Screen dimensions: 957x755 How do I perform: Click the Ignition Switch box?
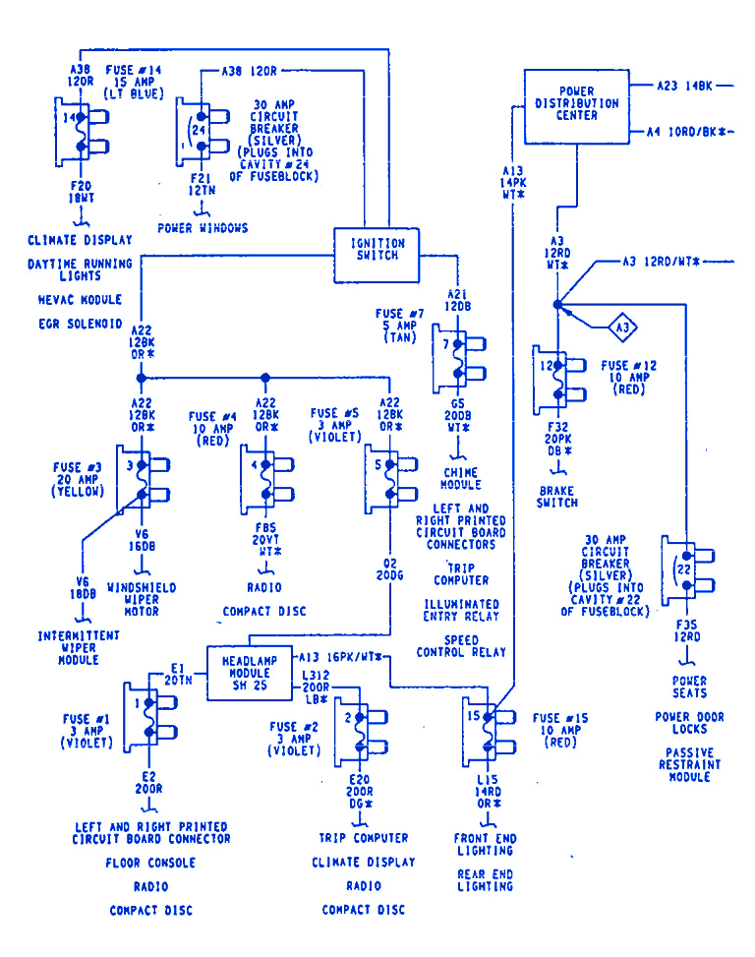click(x=378, y=249)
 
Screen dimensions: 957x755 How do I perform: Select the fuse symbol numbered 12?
click(x=551, y=380)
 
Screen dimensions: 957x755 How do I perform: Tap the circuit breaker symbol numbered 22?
click(x=680, y=570)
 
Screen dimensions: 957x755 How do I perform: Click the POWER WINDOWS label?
click(x=203, y=228)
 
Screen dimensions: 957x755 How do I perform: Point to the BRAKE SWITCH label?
click(x=558, y=496)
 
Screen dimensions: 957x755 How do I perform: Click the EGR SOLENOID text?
click(x=81, y=324)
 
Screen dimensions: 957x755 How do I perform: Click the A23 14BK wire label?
click(x=684, y=87)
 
